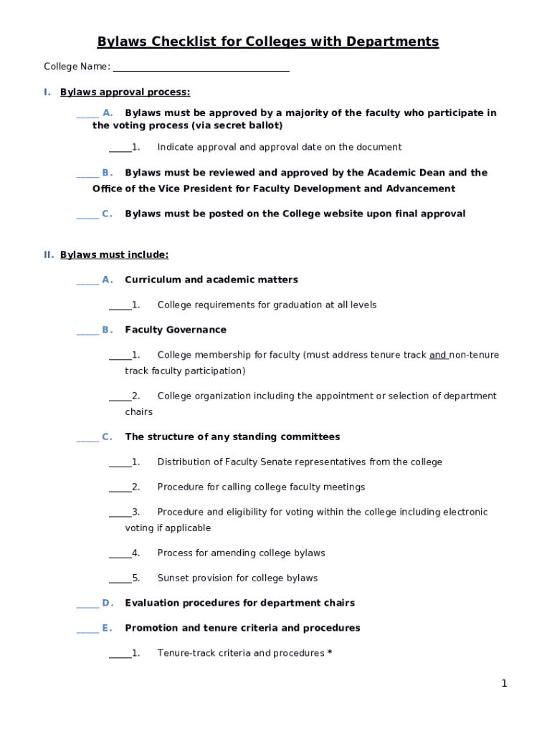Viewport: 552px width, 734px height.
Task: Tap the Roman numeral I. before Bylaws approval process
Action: point(47,92)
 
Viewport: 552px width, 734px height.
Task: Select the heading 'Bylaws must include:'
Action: point(115,255)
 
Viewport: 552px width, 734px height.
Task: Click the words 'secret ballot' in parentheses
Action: point(248,126)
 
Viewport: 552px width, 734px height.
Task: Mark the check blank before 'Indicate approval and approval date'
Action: point(120,148)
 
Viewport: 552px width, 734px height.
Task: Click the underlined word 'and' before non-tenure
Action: point(438,356)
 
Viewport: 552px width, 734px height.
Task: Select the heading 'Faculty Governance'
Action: point(176,330)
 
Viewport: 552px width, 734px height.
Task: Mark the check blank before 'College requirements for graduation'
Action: point(120,305)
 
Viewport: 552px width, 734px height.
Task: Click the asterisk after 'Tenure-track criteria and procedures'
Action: point(329,653)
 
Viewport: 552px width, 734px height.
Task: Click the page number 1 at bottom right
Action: point(504,684)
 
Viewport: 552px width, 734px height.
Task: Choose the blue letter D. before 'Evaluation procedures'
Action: point(108,604)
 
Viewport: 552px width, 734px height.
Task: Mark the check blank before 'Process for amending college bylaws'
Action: point(120,553)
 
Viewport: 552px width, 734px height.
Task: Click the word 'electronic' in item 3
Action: point(465,513)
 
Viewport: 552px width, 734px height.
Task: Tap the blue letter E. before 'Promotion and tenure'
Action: point(107,629)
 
